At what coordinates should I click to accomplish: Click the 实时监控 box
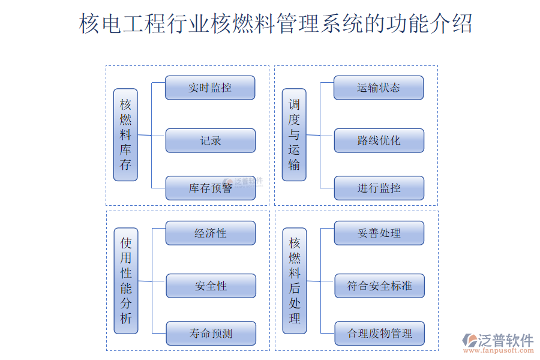click(x=210, y=88)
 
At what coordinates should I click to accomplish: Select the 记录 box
click(x=210, y=140)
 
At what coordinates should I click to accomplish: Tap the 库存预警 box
click(x=210, y=188)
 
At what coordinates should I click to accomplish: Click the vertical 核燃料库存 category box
click(x=125, y=135)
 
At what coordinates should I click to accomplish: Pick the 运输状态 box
click(x=379, y=88)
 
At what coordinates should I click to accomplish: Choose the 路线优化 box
click(x=379, y=140)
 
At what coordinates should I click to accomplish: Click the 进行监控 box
click(x=379, y=188)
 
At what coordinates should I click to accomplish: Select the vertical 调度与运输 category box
click(x=294, y=135)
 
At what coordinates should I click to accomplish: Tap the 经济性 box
click(x=210, y=233)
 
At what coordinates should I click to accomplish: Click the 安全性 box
click(x=211, y=286)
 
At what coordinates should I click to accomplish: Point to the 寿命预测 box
click(x=211, y=334)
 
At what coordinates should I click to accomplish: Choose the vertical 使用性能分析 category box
click(x=126, y=280)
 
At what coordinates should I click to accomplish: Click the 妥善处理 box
click(x=379, y=233)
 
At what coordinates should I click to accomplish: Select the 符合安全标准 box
click(x=379, y=286)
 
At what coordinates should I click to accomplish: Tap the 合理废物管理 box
click(x=379, y=334)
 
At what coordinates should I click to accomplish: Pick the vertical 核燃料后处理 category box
click(x=295, y=280)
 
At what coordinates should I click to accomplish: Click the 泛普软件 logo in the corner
click(x=497, y=340)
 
